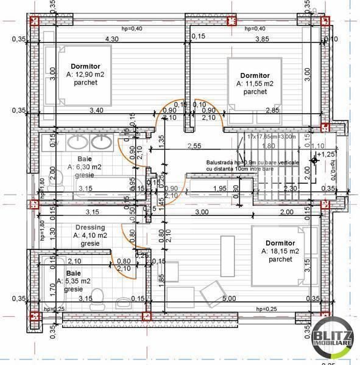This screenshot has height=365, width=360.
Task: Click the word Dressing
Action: (x=88, y=226)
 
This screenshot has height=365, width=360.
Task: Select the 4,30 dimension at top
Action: (x=111, y=39)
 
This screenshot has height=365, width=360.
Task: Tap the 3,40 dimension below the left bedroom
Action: (x=96, y=110)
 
